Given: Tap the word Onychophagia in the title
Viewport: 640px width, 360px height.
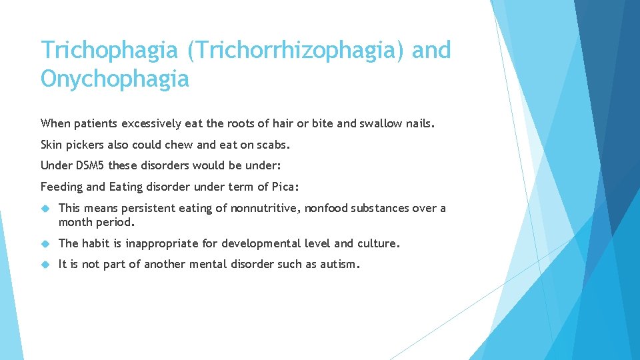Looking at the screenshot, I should [x=115, y=80].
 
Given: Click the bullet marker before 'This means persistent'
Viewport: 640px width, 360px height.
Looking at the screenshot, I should [x=45, y=209].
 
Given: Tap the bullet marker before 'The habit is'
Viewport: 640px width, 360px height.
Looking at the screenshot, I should [x=45, y=243].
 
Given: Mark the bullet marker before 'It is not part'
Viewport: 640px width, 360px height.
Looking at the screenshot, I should [x=45, y=265].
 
